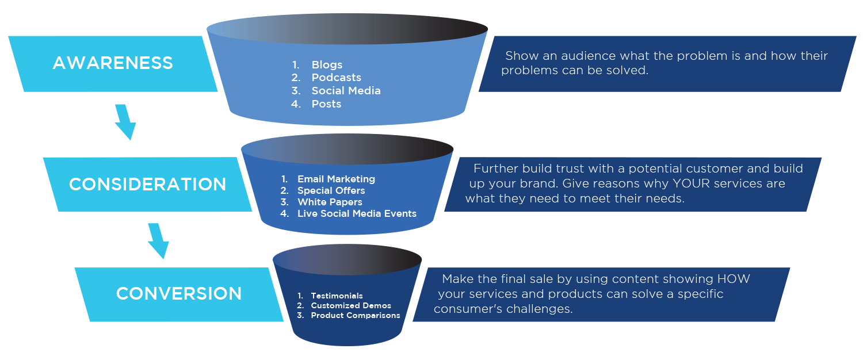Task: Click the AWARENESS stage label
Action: click(x=113, y=63)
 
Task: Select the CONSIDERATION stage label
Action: click(x=147, y=185)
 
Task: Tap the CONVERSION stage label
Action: click(x=179, y=294)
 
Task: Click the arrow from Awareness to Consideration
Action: click(x=125, y=122)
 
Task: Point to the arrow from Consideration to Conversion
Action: click(x=158, y=241)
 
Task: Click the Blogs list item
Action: click(x=327, y=64)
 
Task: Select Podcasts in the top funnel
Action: click(x=336, y=78)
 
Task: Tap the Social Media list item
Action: click(x=346, y=91)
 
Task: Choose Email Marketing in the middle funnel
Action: click(x=336, y=179)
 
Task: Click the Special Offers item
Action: click(x=331, y=190)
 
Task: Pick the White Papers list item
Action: click(x=330, y=202)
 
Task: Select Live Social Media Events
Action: click(x=357, y=213)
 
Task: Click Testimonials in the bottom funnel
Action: click(x=337, y=296)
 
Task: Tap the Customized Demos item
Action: click(x=350, y=305)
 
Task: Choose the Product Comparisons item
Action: click(x=355, y=315)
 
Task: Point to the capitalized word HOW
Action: click(x=733, y=279)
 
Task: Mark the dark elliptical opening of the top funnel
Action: click(x=347, y=28)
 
